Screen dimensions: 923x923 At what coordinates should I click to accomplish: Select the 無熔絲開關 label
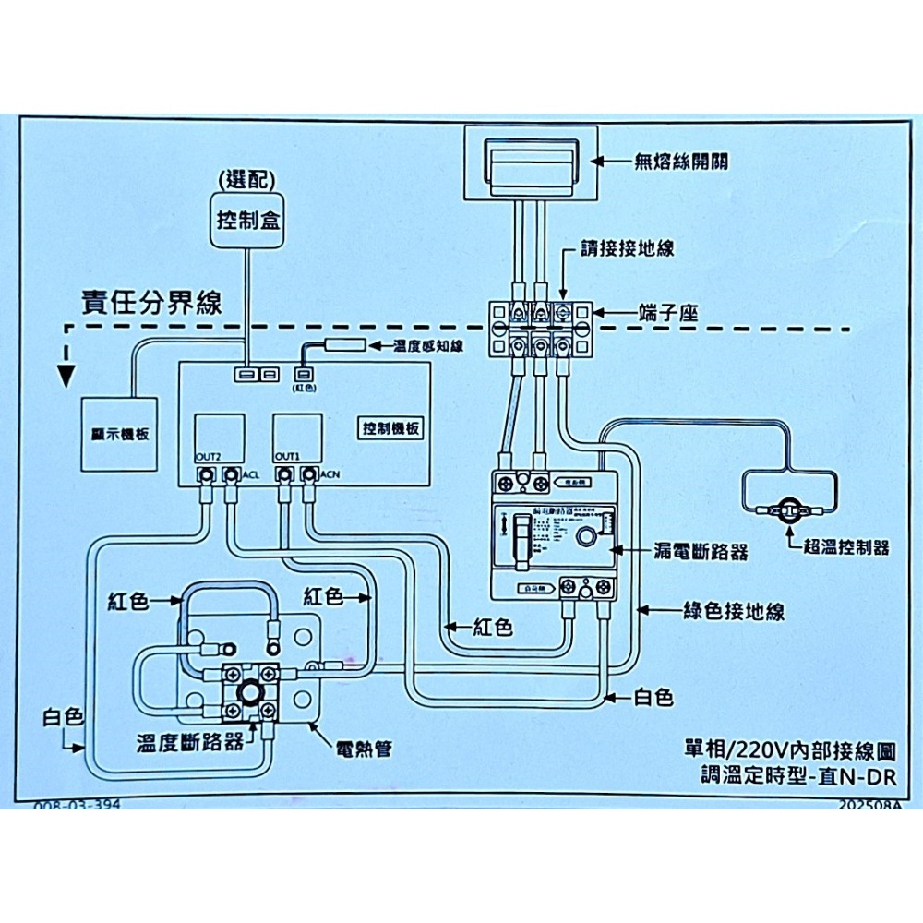(680, 162)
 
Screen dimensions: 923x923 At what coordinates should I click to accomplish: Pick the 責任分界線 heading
(151, 304)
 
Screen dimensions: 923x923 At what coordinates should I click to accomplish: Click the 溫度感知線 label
(429, 345)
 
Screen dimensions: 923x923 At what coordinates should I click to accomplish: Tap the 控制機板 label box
(391, 429)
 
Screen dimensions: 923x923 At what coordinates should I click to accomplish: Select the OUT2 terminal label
(208, 457)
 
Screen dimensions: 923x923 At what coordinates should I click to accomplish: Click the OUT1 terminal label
(287, 457)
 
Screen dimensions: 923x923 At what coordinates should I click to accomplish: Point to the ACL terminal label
(250, 475)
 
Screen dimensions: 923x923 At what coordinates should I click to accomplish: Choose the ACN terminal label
(330, 475)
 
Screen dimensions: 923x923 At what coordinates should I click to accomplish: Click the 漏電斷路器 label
(701, 551)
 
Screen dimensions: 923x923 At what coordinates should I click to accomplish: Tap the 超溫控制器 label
(845, 547)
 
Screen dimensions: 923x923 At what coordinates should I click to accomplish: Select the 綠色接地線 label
(734, 611)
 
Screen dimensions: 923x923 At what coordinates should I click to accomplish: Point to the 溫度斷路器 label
(190, 741)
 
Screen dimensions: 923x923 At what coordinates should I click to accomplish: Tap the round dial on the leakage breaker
(585, 538)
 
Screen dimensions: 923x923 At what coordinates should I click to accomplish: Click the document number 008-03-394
(77, 805)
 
